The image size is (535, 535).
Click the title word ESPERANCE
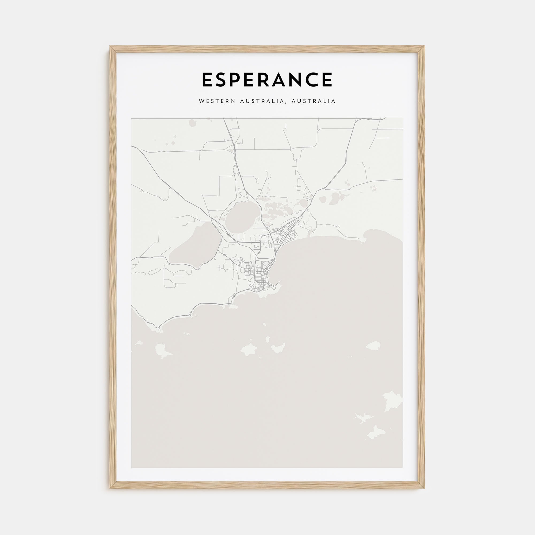click(x=267, y=80)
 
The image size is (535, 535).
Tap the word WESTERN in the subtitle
click(x=215, y=101)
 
